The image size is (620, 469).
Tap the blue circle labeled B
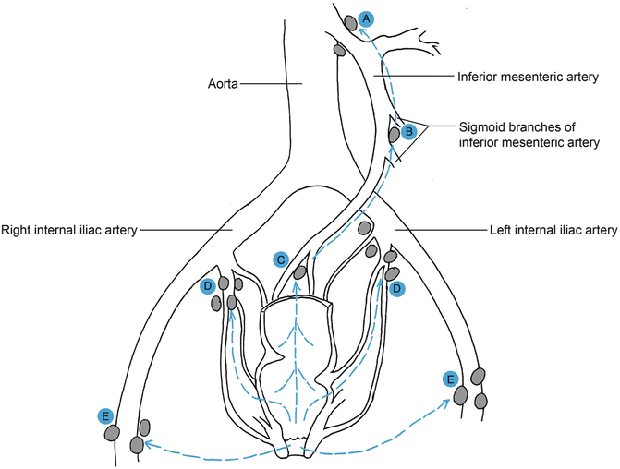pyautogui.click(x=408, y=131)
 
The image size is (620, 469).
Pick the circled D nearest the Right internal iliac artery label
pyautogui.click(x=208, y=286)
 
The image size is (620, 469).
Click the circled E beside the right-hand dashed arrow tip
pyautogui.click(x=451, y=379)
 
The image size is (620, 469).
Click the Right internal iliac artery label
pyautogui.click(x=69, y=230)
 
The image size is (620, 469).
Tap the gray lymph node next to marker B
pyautogui.click(x=394, y=135)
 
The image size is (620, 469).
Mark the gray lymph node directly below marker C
pyautogui.click(x=300, y=272)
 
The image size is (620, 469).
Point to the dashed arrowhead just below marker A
pyautogui.click(x=363, y=33)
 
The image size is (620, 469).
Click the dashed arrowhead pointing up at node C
pyautogui.click(x=296, y=285)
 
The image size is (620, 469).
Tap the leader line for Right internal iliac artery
pyautogui.click(x=184, y=230)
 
